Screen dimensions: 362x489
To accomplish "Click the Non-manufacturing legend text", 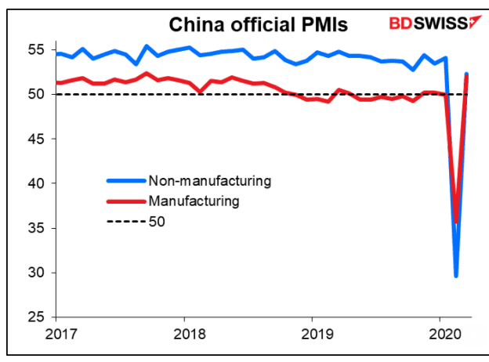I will coord(208,181).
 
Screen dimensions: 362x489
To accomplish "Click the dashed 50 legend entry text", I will coord(156,221).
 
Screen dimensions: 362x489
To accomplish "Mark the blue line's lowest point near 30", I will coord(456,275).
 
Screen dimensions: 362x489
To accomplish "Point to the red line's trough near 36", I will coord(457,222).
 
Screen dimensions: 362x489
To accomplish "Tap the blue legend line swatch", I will coord(124,181).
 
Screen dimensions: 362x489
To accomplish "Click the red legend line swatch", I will coord(124,201).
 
